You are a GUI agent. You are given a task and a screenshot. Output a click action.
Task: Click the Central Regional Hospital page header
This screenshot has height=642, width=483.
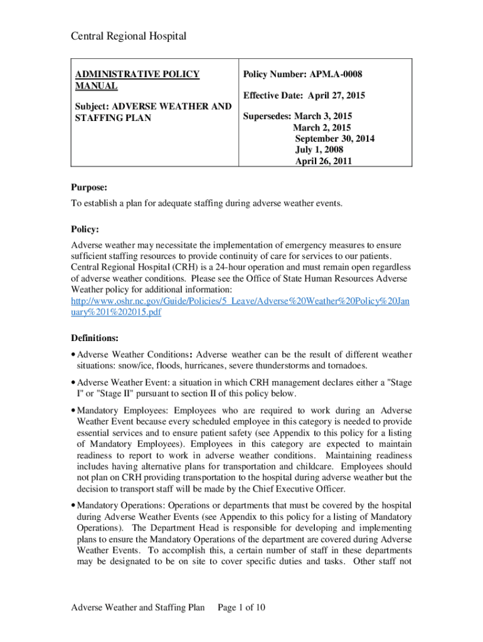(128, 36)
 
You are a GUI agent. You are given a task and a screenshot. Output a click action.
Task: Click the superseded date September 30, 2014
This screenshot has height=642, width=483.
(335, 139)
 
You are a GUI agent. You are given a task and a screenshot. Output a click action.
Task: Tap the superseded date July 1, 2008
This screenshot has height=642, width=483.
(319, 150)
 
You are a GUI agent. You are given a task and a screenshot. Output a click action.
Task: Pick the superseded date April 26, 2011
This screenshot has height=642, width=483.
(324, 160)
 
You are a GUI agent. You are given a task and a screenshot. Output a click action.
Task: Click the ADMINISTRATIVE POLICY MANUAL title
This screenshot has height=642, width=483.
(137, 80)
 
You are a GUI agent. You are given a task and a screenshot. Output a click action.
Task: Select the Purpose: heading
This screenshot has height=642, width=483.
(88, 187)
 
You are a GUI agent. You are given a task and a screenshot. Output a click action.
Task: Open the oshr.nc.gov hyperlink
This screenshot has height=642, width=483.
(240, 307)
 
